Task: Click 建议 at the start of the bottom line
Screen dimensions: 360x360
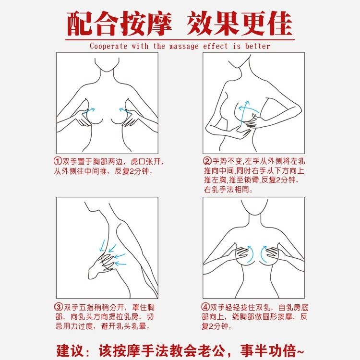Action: pyautogui.click(x=70, y=348)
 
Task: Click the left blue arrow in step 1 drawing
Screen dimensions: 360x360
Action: pyautogui.click(x=89, y=111)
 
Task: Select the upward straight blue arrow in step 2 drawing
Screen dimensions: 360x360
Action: pyautogui.click(x=246, y=108)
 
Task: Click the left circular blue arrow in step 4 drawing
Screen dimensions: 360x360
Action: pyautogui.click(x=250, y=252)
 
